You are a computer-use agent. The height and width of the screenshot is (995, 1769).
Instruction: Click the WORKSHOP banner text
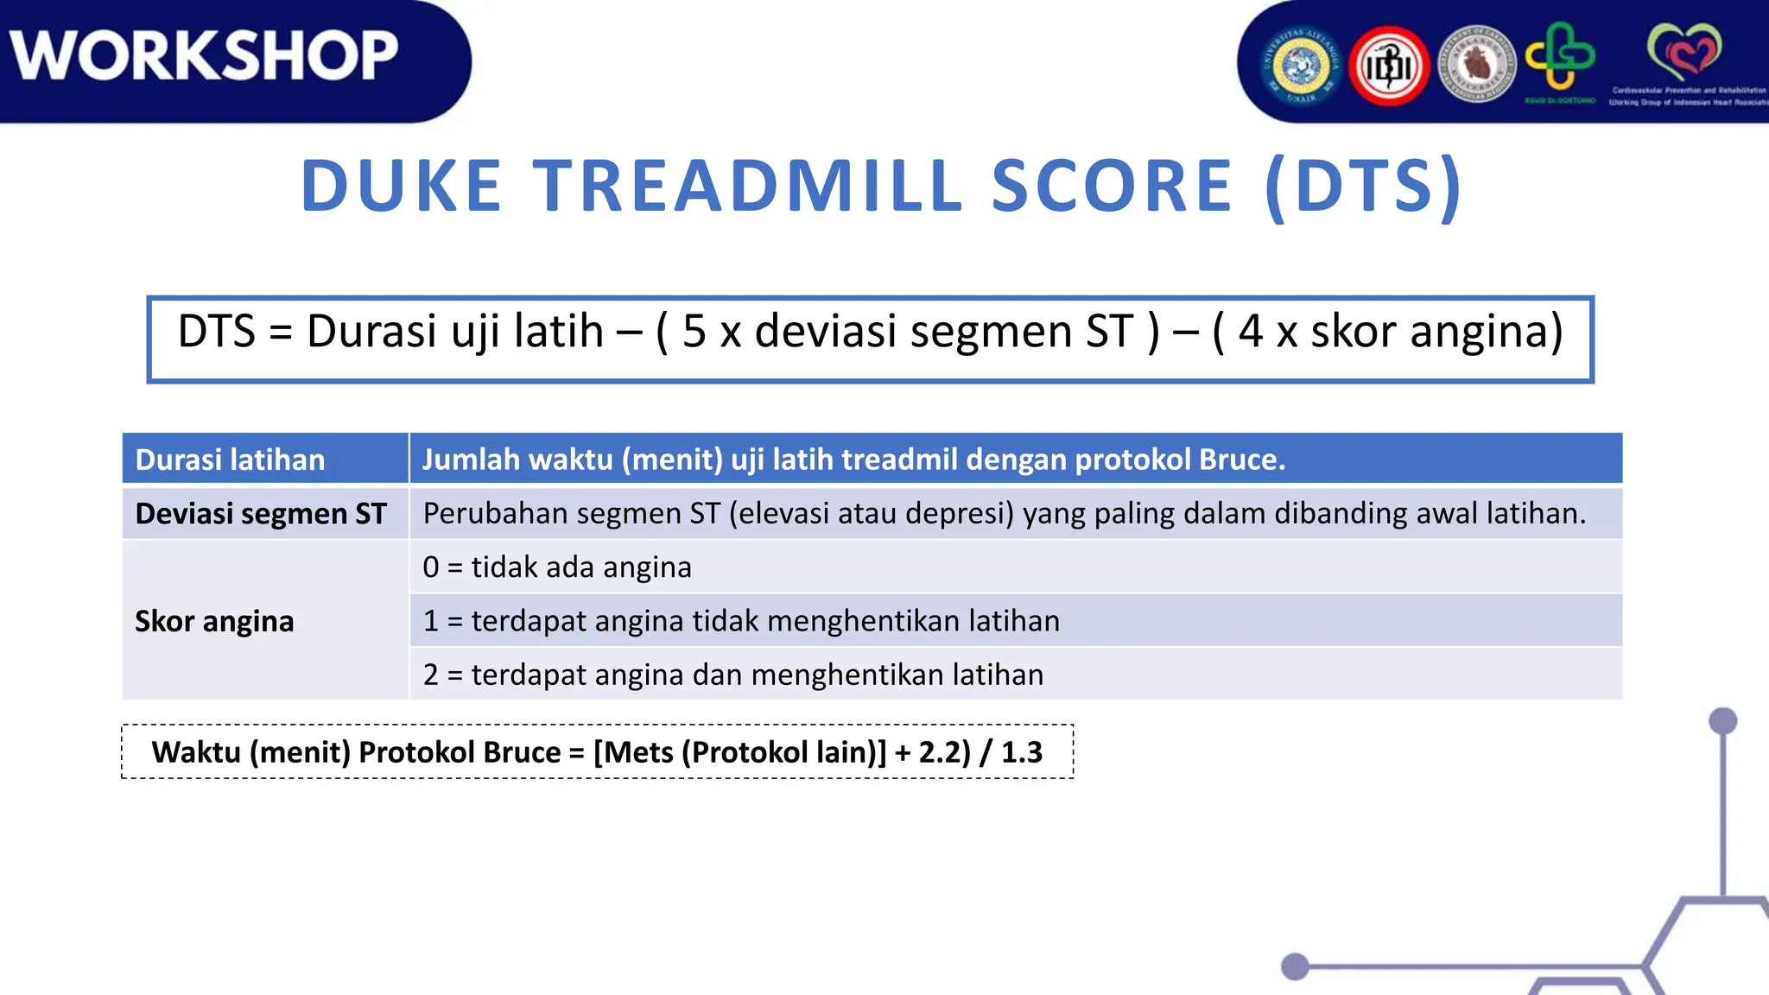205,55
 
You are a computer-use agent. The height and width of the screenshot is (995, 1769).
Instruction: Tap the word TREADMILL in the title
748,186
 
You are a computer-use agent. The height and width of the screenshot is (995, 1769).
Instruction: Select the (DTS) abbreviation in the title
1363,186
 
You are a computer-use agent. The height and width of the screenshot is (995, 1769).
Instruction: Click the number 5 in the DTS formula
694,332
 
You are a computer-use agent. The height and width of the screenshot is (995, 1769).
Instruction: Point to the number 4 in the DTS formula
1251,332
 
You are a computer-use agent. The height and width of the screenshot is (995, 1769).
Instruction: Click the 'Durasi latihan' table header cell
230,459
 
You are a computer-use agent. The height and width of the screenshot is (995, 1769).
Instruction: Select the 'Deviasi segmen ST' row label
261,514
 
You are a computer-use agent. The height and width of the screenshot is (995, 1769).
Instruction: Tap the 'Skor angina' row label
214,621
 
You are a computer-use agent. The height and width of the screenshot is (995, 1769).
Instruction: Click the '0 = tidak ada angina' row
557,567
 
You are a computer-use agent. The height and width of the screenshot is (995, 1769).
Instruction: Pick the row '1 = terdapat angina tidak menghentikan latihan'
741,621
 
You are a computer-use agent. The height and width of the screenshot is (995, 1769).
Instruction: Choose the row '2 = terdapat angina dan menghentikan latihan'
733,675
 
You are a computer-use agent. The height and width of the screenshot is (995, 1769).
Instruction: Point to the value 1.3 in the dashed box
1022,752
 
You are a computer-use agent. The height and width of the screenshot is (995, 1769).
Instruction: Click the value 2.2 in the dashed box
939,752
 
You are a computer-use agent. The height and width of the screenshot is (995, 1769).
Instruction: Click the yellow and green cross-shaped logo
1559,57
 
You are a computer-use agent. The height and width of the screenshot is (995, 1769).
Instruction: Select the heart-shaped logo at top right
1683,52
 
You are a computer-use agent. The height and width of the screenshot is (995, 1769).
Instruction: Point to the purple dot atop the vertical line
1722,720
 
